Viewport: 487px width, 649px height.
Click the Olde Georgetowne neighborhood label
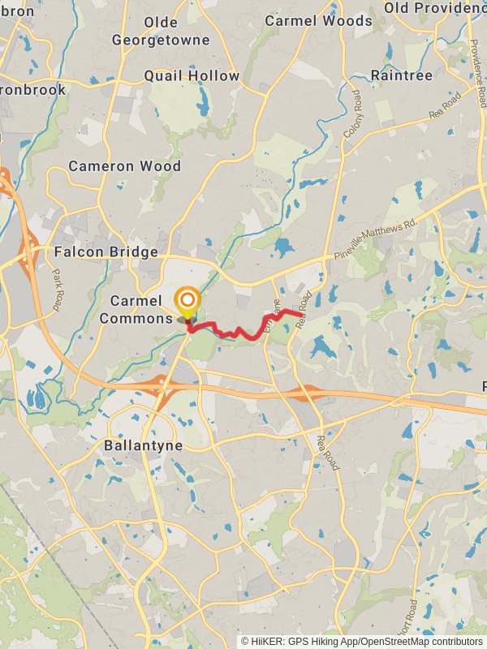161,31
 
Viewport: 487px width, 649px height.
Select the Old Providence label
435,7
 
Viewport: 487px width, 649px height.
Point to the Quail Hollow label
192,75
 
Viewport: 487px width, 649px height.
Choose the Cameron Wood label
124,165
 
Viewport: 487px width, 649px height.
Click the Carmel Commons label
136,309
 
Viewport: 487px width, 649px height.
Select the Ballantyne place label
143,445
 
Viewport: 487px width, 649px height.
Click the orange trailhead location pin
187,302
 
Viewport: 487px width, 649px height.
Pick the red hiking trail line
243,332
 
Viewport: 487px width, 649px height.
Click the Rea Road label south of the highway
326,451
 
